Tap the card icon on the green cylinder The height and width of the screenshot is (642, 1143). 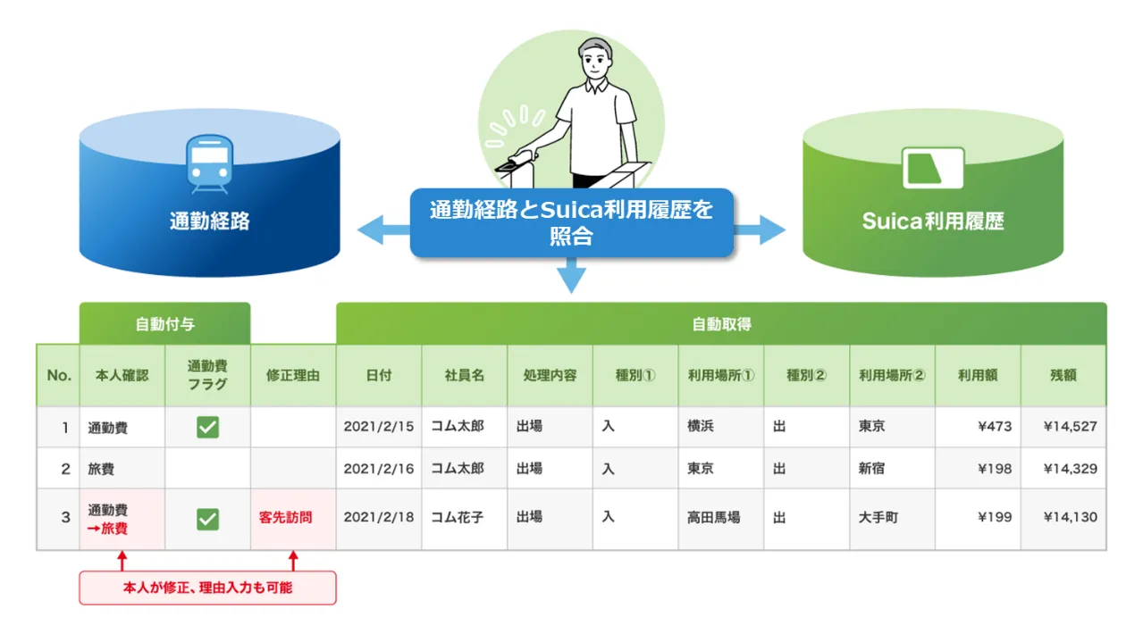(933, 168)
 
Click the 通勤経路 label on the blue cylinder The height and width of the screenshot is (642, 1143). (210, 221)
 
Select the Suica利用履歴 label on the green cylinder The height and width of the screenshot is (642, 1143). (933, 221)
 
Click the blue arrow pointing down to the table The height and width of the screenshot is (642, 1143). (571, 275)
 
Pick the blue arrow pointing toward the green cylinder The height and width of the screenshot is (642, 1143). (760, 229)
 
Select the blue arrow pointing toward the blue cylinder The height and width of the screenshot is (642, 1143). (383, 229)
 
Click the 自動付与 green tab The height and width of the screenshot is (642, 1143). (164, 324)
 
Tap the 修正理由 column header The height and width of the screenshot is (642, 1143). (293, 376)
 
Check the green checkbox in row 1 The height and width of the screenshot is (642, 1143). (207, 428)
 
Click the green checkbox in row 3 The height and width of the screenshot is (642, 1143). (207, 519)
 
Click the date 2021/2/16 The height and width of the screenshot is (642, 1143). (379, 469)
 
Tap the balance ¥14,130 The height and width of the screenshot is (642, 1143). (1070, 517)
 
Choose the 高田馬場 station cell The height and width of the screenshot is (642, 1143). (713, 518)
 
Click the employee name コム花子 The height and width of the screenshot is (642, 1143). (458, 518)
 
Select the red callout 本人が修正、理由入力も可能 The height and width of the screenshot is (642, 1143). (207, 588)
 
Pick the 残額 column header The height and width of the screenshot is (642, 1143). (1063, 376)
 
